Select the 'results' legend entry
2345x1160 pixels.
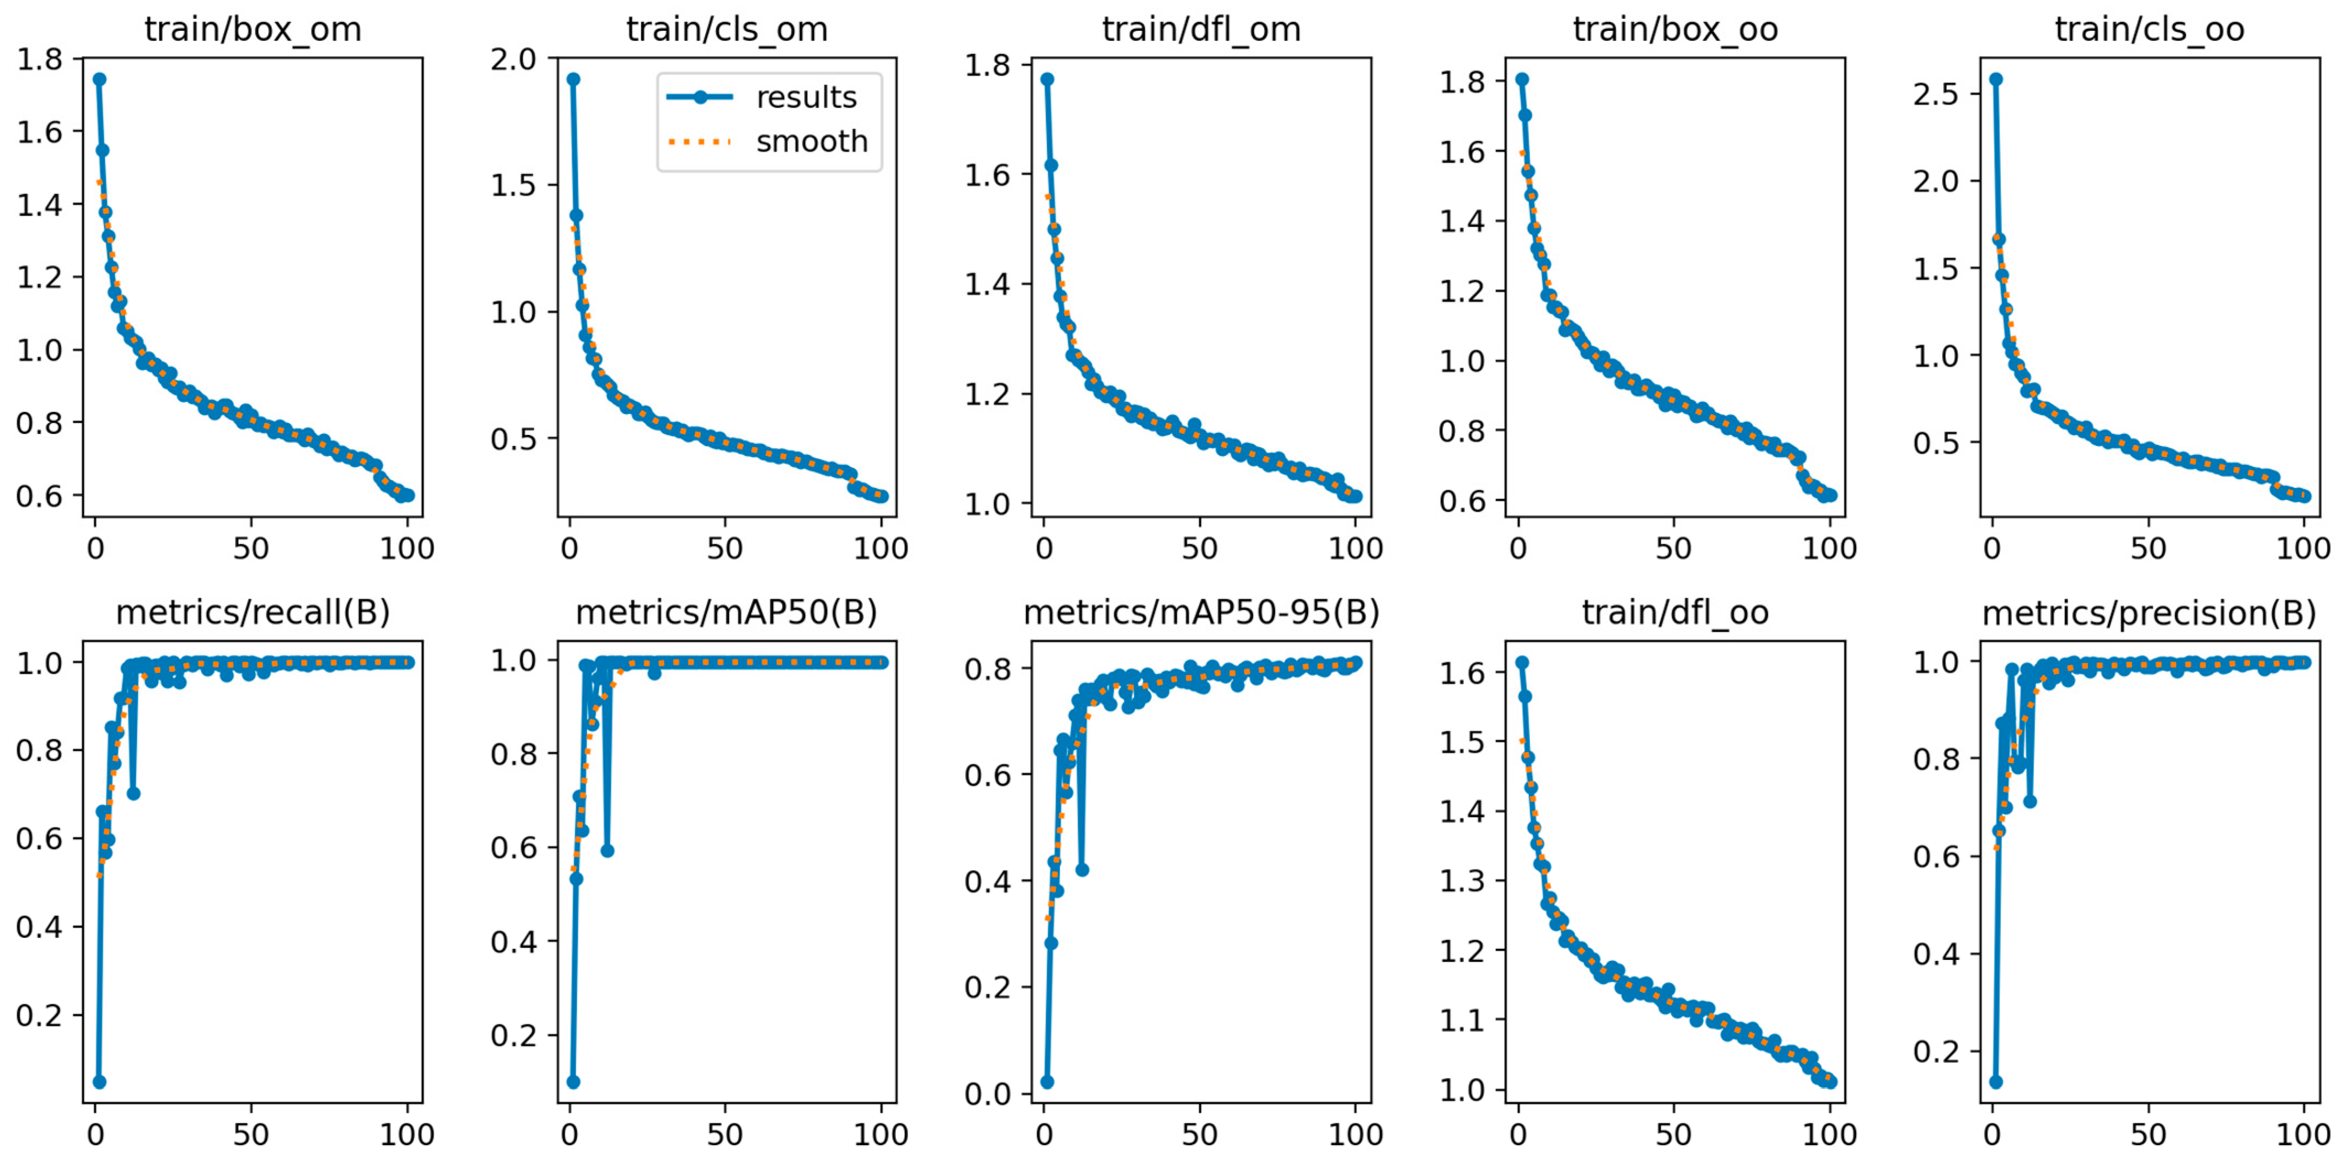806,98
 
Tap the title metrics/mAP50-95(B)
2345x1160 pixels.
1201,613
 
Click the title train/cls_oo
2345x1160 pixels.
2149,30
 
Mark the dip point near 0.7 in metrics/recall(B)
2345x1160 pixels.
133,793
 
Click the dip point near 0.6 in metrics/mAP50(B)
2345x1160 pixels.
607,850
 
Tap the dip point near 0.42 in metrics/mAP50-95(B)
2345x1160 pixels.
1081,869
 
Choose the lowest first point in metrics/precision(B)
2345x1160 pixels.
1995,1082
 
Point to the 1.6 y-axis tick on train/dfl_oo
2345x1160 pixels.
1462,673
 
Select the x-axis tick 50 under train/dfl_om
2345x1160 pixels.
1200,548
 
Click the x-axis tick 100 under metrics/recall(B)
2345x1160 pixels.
407,1135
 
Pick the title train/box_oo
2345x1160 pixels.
1675,30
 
